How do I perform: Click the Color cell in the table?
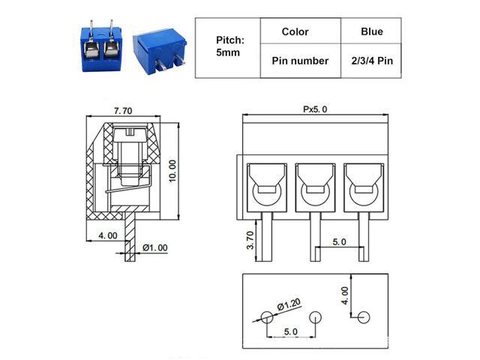coord(295,31)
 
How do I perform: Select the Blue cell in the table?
coord(371,31)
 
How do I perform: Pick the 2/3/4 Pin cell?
coord(371,61)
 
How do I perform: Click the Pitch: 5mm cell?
coord(228,46)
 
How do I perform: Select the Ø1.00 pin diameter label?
coord(155,247)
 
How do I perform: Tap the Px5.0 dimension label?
coord(315,109)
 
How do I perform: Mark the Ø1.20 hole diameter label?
coord(289,304)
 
